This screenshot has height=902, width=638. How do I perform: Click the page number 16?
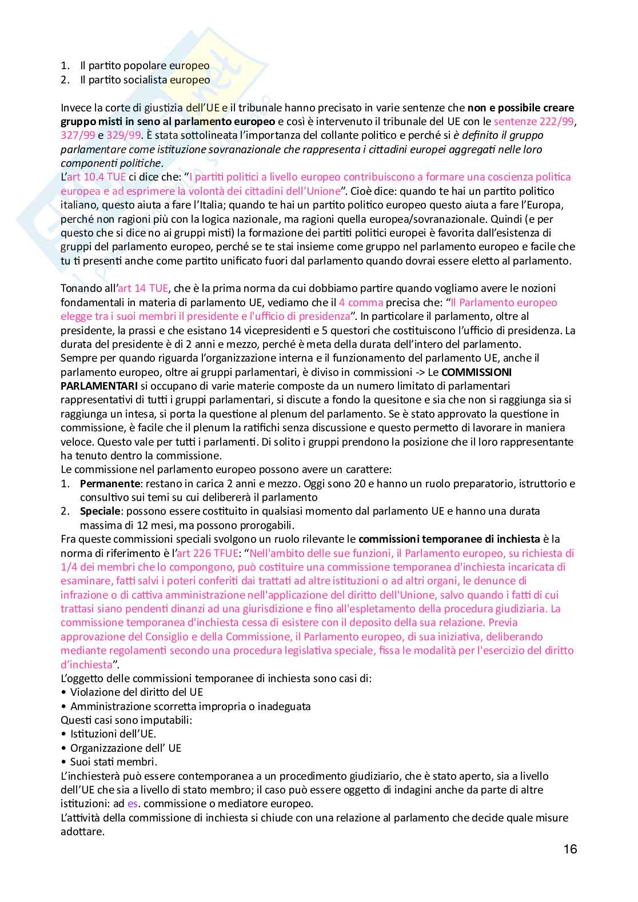pyautogui.click(x=570, y=849)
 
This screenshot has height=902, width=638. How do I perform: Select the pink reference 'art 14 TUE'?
pyautogui.click(x=143, y=288)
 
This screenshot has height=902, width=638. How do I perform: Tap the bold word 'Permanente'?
pyautogui.click(x=110, y=484)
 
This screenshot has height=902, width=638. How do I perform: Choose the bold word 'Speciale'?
pyautogui.click(x=101, y=511)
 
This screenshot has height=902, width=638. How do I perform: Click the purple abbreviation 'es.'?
pyautogui.click(x=133, y=804)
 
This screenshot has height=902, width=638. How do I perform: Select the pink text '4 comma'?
pyautogui.click(x=361, y=303)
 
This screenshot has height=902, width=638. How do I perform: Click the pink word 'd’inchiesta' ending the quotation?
pyautogui.click(x=86, y=664)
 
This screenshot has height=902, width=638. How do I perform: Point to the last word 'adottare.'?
pyautogui.click(x=82, y=832)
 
